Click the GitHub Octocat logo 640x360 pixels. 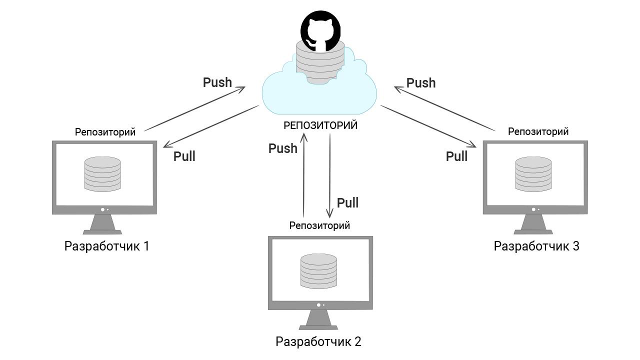[x=320, y=30]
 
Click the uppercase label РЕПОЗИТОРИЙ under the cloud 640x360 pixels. [x=320, y=125]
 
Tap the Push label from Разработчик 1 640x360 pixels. [x=217, y=82]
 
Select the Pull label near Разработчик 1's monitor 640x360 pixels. [x=184, y=156]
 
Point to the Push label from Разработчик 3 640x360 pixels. [x=421, y=83]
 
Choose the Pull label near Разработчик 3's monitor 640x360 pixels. [x=456, y=156]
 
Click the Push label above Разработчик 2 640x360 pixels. [x=283, y=148]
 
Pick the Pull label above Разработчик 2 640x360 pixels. [x=347, y=203]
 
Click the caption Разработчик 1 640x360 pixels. [x=107, y=246]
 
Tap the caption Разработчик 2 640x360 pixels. [x=318, y=342]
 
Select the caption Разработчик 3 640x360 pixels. [x=536, y=246]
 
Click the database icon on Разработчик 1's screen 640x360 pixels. [x=102, y=174]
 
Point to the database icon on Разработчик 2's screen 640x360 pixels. [x=319, y=270]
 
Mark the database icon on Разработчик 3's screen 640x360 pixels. [x=533, y=174]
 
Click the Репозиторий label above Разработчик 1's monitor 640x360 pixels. [x=105, y=132]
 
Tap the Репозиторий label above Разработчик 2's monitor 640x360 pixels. [x=319, y=225]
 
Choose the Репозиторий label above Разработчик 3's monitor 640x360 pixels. [x=538, y=131]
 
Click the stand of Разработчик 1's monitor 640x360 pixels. [x=102, y=224]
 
